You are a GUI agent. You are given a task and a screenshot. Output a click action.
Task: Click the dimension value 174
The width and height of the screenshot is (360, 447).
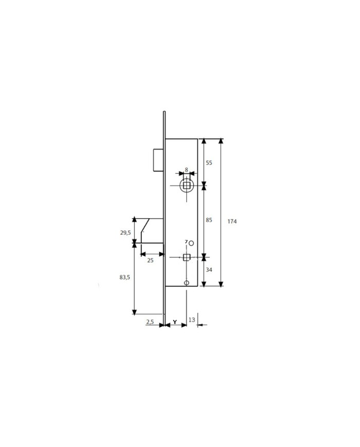tap(232, 221)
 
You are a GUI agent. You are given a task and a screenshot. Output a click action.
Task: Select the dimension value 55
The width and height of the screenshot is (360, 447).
tap(209, 163)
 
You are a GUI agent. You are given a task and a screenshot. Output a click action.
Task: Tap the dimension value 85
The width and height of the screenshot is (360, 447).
tap(209, 220)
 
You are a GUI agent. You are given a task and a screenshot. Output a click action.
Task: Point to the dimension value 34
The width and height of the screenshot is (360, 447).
tap(209, 270)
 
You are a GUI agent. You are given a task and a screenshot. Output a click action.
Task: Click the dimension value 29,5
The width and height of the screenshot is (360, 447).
tap(125, 233)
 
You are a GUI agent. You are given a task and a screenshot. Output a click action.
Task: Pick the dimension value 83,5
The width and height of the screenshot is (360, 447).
tap(125, 277)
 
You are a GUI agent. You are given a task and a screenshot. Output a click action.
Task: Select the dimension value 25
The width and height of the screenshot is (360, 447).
tap(150, 260)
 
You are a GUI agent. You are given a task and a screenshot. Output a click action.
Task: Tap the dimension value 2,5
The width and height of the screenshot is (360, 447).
tap(150, 322)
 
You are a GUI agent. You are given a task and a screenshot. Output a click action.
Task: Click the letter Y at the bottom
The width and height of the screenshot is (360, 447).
tap(175, 322)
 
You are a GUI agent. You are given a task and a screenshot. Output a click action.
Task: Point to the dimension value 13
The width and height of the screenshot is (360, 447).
tap(192, 320)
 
